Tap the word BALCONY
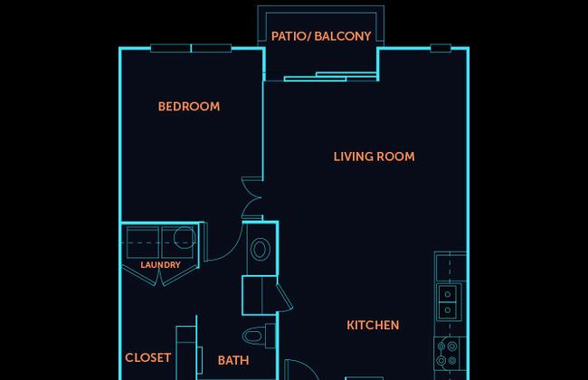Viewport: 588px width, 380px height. pyautogui.click(x=343, y=36)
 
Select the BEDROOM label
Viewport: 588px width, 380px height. pyautogui.click(x=189, y=107)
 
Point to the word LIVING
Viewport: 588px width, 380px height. pyautogui.click(x=352, y=157)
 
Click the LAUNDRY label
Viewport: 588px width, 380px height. pyautogui.click(x=160, y=265)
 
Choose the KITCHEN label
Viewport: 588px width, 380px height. pyautogui.click(x=373, y=325)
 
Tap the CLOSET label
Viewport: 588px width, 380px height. pyautogui.click(x=148, y=357)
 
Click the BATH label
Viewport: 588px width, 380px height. pyautogui.click(x=233, y=360)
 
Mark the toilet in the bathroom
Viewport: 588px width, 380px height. pyautogui.click(x=259, y=336)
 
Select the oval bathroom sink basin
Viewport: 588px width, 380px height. pyautogui.click(x=261, y=250)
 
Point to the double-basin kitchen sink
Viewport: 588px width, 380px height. pyautogui.click(x=448, y=302)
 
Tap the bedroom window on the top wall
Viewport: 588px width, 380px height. pyautogui.click(x=191, y=48)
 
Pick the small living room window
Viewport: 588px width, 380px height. pyautogui.click(x=441, y=48)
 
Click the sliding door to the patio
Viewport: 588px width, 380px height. pyautogui.click(x=330, y=77)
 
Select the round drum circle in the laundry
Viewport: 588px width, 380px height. pyautogui.click(x=185, y=238)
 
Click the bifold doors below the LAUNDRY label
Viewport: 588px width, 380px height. pyautogui.click(x=160, y=277)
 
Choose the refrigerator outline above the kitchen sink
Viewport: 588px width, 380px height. pyautogui.click(x=450, y=267)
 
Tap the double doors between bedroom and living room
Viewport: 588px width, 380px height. pyautogui.click(x=252, y=198)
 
